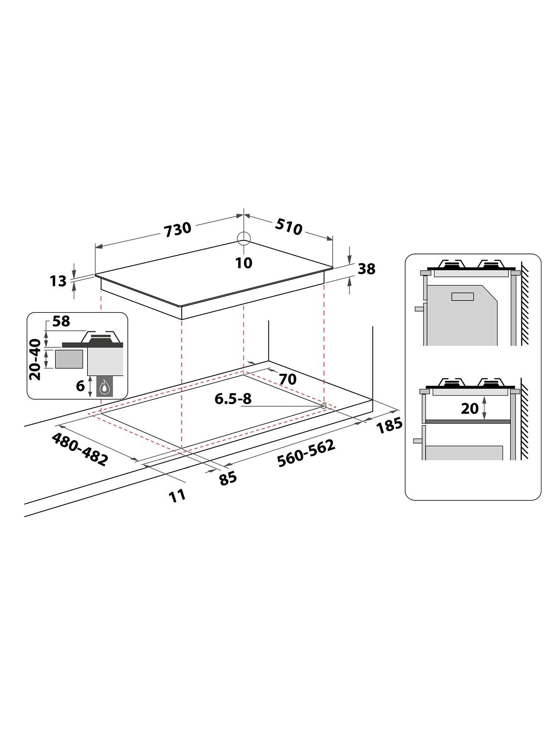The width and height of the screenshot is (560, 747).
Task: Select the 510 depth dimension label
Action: click(x=288, y=227)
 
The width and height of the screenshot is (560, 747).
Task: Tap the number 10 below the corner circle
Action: click(x=244, y=262)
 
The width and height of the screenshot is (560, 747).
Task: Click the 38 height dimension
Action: click(x=366, y=269)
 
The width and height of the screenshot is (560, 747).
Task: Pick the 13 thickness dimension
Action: click(x=58, y=281)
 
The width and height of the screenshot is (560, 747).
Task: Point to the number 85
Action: click(x=228, y=478)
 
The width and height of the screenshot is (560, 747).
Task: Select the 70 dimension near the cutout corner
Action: click(x=287, y=379)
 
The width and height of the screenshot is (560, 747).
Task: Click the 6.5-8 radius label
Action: click(x=233, y=399)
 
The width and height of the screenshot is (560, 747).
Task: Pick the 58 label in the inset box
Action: click(x=61, y=322)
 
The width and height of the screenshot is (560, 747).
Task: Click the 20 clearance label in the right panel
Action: click(x=470, y=409)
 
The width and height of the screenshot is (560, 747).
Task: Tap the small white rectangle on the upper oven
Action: click(x=463, y=296)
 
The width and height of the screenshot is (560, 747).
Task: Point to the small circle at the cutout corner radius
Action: click(x=323, y=406)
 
